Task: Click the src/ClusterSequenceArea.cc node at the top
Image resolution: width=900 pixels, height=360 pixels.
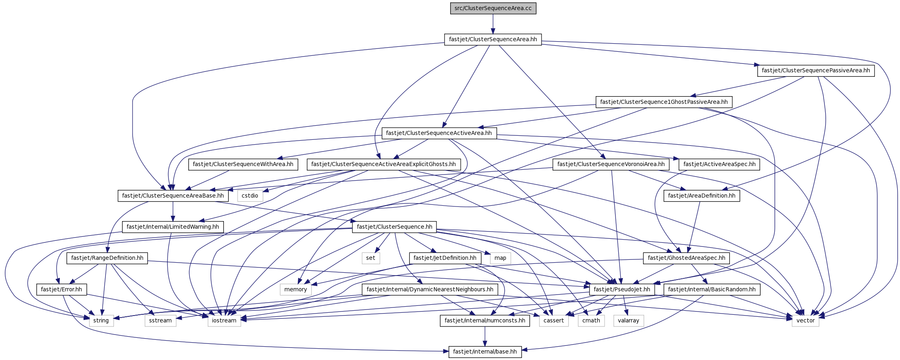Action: (493, 8)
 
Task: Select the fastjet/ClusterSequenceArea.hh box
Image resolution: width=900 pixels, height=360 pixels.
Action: (493, 40)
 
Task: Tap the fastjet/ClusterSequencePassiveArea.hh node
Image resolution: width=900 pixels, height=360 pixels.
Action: (816, 71)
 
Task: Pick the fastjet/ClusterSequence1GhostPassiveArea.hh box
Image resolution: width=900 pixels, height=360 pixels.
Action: (664, 102)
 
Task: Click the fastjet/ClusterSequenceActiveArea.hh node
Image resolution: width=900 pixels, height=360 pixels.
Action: (439, 133)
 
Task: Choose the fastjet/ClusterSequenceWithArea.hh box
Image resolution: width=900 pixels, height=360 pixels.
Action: (243, 164)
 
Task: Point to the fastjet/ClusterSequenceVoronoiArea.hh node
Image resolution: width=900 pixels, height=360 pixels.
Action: (611, 164)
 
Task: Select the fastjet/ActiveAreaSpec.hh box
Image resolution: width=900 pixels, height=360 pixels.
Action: (719, 164)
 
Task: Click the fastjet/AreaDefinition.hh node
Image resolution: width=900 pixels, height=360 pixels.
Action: (702, 196)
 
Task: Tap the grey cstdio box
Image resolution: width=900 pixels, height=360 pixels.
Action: (250, 196)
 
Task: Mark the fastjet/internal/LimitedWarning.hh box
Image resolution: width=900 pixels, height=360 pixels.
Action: (173, 227)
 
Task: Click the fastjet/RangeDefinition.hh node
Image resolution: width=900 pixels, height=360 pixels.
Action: (107, 258)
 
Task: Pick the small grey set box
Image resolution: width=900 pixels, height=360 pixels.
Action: (371, 258)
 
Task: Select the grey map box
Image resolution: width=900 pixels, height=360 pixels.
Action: (500, 258)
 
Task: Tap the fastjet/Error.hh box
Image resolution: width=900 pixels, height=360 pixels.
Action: (61, 290)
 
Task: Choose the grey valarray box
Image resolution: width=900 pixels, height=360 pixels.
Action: (628, 321)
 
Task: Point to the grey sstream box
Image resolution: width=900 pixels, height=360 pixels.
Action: (160, 321)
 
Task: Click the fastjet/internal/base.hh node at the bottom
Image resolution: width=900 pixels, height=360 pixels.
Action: (485, 352)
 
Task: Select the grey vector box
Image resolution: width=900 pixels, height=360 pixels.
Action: (805, 321)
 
